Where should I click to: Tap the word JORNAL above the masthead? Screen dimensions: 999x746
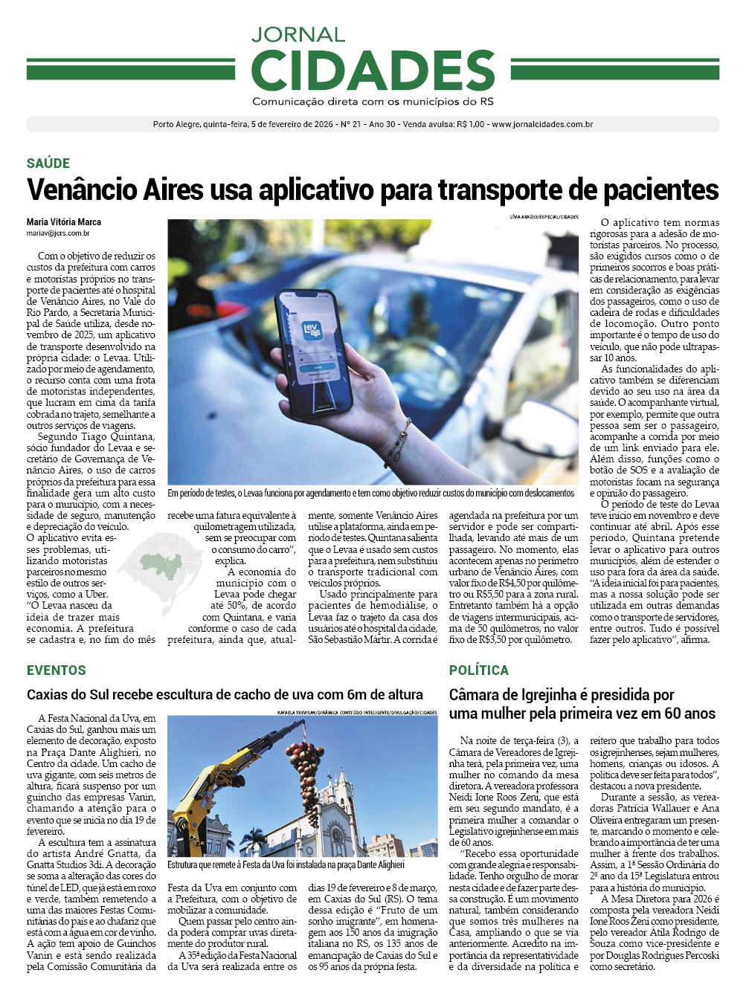298,34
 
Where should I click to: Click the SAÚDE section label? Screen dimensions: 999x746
48,164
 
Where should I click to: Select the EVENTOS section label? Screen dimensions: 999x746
57,670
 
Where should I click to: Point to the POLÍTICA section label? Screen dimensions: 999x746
478,670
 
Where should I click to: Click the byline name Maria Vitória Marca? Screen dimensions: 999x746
64,222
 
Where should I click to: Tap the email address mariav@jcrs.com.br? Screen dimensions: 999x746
58,233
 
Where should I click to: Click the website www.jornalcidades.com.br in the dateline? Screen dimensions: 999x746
542,125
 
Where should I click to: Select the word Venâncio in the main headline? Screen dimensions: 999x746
74,190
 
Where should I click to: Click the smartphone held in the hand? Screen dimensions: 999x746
313,353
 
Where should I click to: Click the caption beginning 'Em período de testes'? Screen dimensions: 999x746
370,493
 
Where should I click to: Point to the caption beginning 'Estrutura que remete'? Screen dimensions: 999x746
286,864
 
